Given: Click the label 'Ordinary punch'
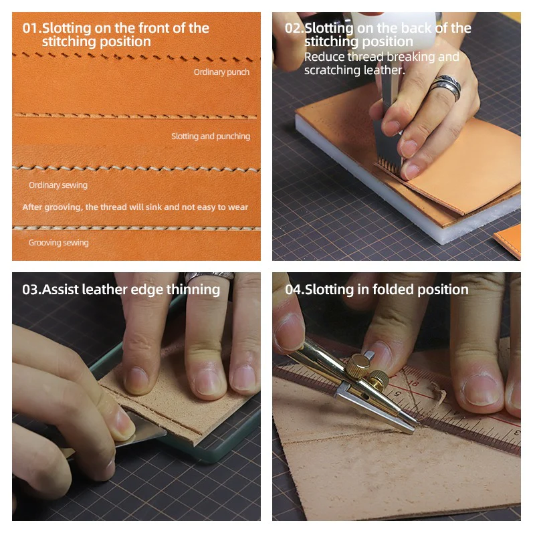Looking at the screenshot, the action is (x=221, y=72).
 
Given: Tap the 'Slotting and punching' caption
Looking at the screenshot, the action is (x=211, y=136).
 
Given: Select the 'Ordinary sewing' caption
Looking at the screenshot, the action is (x=58, y=185).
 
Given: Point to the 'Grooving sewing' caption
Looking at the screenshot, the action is (x=59, y=243).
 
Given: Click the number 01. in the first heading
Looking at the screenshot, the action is (x=31, y=28).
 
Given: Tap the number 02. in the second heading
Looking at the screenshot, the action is (x=294, y=28).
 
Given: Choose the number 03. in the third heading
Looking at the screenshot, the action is (x=31, y=290).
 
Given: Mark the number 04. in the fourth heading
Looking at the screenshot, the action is (x=295, y=290).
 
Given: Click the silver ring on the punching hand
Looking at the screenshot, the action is (x=445, y=88).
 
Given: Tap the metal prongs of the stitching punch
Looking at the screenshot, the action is (x=388, y=163).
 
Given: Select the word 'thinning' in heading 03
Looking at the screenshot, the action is (x=193, y=290).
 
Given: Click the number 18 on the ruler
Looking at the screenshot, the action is (x=413, y=383).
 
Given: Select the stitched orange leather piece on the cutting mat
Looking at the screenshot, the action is (x=508, y=240).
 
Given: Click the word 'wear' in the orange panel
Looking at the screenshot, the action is (x=239, y=207).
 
